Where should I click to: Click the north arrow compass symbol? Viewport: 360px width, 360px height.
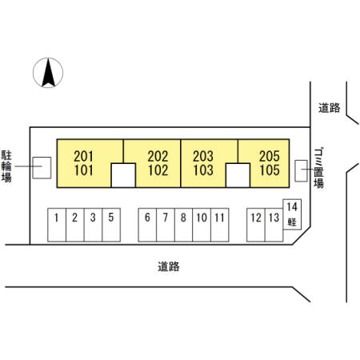pos(48,73)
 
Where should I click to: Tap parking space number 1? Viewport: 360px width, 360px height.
pos(57,225)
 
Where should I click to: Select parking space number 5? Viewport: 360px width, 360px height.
pos(111,225)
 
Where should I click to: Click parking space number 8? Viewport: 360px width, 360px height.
pos(183,225)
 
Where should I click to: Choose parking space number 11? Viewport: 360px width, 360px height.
pos(220,225)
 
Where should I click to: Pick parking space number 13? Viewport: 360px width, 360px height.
pos(274,225)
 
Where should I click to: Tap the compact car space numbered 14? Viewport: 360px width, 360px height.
pos(292,214)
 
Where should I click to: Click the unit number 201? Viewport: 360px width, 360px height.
pos(83,156)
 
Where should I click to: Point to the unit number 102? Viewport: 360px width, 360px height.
pos(158,170)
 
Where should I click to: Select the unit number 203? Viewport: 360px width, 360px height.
pos(203,156)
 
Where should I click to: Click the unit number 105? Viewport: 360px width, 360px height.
pos(270,170)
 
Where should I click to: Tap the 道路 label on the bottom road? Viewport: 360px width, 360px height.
pos(169,266)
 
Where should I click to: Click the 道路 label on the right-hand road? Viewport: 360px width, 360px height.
pos(330,108)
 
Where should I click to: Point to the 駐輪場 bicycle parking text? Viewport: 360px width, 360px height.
pos(6,166)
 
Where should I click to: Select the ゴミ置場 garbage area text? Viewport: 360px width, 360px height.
pos(318,168)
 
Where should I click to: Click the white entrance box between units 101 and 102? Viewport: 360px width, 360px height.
pos(123,175)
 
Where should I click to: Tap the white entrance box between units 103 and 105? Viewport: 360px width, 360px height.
pos(238,175)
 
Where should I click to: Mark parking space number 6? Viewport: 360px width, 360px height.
pos(147,225)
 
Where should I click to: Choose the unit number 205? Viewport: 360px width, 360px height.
pos(270,156)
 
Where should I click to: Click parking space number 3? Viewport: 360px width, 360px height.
pos(93,225)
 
